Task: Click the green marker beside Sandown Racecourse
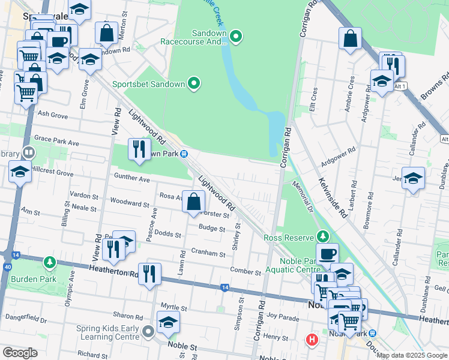pyautogui.click(x=237, y=37)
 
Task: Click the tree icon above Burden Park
pyautogui.click(x=50, y=263)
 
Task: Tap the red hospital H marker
pyautogui.click(x=312, y=340)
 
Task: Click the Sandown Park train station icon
pyautogui.click(x=185, y=154)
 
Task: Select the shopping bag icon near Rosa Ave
pyautogui.click(x=194, y=202)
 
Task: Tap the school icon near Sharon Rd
pyautogui.click(x=169, y=322)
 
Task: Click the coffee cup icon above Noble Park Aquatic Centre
pyautogui.click(x=327, y=254)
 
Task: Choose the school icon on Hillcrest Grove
pyautogui.click(x=20, y=172)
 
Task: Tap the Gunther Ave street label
pyautogui.click(x=132, y=179)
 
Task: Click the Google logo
pyautogui.click(x=20, y=352)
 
